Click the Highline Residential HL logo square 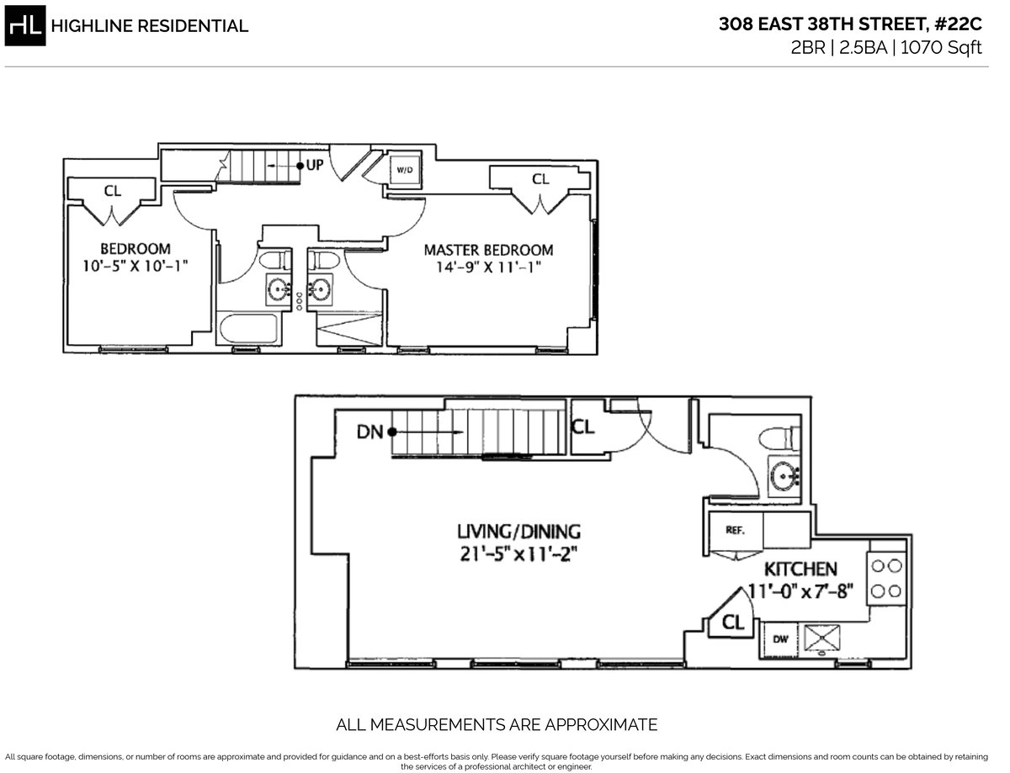pos(24,25)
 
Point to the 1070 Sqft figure pos(941,48)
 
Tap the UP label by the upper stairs pos(314,165)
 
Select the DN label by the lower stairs pos(369,432)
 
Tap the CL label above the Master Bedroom pos(540,179)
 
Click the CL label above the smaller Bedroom pos(112,191)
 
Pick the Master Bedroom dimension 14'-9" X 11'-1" pos(488,267)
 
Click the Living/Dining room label pos(518,532)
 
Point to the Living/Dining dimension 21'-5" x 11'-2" pos(518,555)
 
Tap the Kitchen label pos(800,569)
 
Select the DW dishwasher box pos(780,639)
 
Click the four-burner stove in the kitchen pos(886,580)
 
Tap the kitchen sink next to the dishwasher pos(817,638)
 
